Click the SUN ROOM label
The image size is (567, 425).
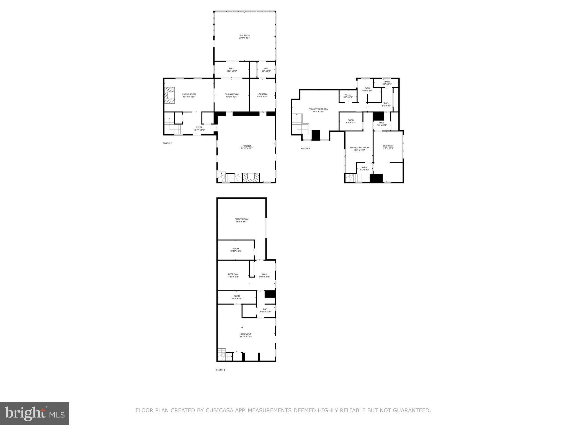(244, 35)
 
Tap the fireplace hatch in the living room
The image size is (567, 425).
(169, 95)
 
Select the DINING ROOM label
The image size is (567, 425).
(231, 94)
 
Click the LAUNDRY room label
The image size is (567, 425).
(262, 94)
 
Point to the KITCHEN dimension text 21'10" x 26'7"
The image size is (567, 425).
(247, 148)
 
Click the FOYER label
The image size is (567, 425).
(199, 127)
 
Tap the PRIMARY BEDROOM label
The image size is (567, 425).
(318, 109)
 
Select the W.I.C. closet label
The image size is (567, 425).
(348, 95)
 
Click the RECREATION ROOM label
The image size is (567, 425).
(359, 147)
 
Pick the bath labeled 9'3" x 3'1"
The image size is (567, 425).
(387, 83)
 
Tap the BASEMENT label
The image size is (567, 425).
(246, 334)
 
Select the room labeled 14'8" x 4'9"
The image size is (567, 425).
(236, 297)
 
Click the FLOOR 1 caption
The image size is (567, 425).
(220, 370)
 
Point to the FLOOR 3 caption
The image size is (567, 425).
(305, 149)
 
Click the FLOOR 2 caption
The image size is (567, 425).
(167, 143)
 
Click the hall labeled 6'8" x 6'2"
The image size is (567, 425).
(266, 70)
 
